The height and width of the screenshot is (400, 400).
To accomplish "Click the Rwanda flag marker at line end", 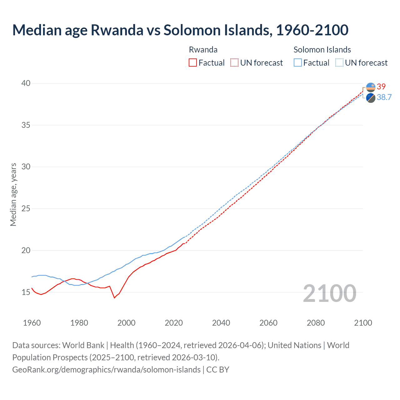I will [371, 87].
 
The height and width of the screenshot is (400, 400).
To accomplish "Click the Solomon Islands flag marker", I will [371, 98].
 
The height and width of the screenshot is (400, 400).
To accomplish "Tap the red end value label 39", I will [381, 87].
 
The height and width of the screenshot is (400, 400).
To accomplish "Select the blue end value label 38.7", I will [384, 97].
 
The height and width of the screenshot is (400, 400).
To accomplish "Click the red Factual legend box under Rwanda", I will [193, 62].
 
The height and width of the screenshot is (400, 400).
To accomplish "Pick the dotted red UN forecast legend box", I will [234, 62].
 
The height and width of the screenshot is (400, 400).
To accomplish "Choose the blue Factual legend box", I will [298, 62].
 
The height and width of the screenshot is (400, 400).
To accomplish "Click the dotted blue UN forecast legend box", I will [339, 62].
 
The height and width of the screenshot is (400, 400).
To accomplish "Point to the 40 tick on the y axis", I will [26, 83].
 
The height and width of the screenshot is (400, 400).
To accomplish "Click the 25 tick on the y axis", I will [26, 208].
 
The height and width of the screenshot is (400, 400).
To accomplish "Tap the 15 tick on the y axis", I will [26, 292].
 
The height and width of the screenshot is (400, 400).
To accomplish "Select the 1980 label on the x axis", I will [79, 323].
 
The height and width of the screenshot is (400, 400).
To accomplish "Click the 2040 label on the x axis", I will [221, 323].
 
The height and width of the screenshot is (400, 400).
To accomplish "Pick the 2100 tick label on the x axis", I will [363, 323].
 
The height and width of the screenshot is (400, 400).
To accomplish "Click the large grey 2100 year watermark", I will [330, 293].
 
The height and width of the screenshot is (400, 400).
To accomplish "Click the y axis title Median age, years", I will [13, 194].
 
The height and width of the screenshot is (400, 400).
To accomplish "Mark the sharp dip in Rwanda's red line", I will [114, 298].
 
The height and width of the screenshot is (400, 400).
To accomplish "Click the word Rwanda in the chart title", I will [117, 30].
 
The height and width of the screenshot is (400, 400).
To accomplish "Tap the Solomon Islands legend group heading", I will [322, 50].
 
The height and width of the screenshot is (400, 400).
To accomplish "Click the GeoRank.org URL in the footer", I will [106, 369].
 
